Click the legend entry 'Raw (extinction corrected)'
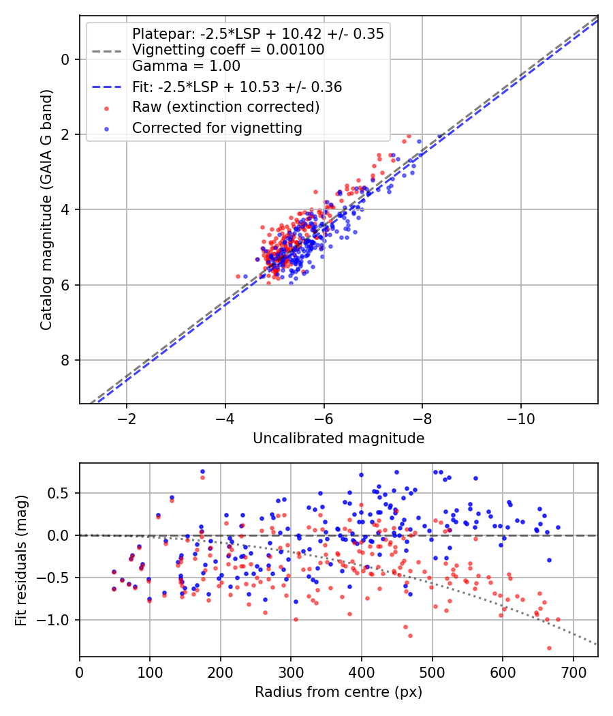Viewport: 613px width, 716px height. coord(225,107)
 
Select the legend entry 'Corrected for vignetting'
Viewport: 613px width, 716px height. coord(217,128)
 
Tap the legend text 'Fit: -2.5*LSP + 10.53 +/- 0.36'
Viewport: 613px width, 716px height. coord(237,87)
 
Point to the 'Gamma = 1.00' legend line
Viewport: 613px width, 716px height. coord(186,66)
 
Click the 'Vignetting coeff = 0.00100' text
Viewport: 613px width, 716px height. coord(227,50)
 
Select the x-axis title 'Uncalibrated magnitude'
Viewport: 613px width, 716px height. coord(339,438)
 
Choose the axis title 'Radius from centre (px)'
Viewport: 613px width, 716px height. coord(339,692)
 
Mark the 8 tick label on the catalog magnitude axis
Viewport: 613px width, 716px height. coord(66,360)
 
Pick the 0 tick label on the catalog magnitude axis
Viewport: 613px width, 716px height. coord(66,59)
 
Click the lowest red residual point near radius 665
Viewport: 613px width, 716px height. coord(549,648)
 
